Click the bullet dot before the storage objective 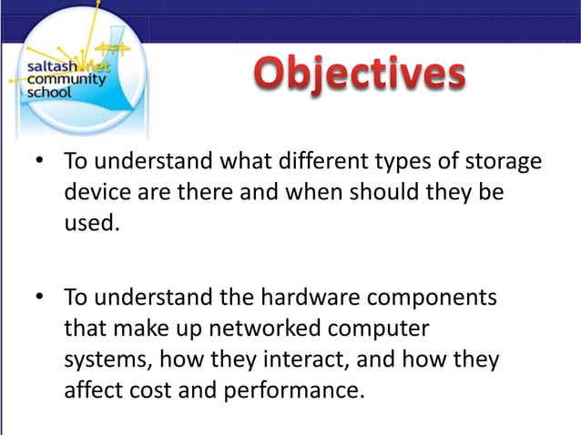coord(40,164)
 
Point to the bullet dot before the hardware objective coord(40,298)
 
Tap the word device coord(94,193)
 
